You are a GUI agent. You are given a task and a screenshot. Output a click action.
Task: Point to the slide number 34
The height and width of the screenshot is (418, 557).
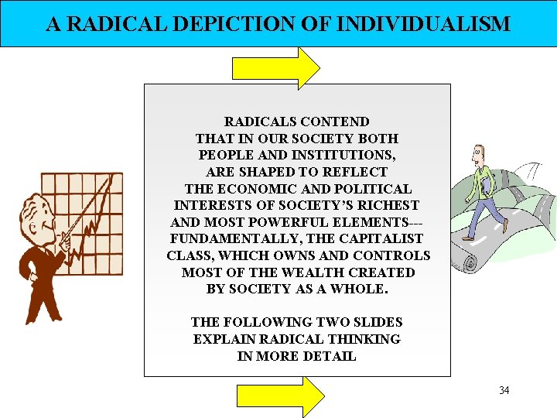click(x=504, y=390)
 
